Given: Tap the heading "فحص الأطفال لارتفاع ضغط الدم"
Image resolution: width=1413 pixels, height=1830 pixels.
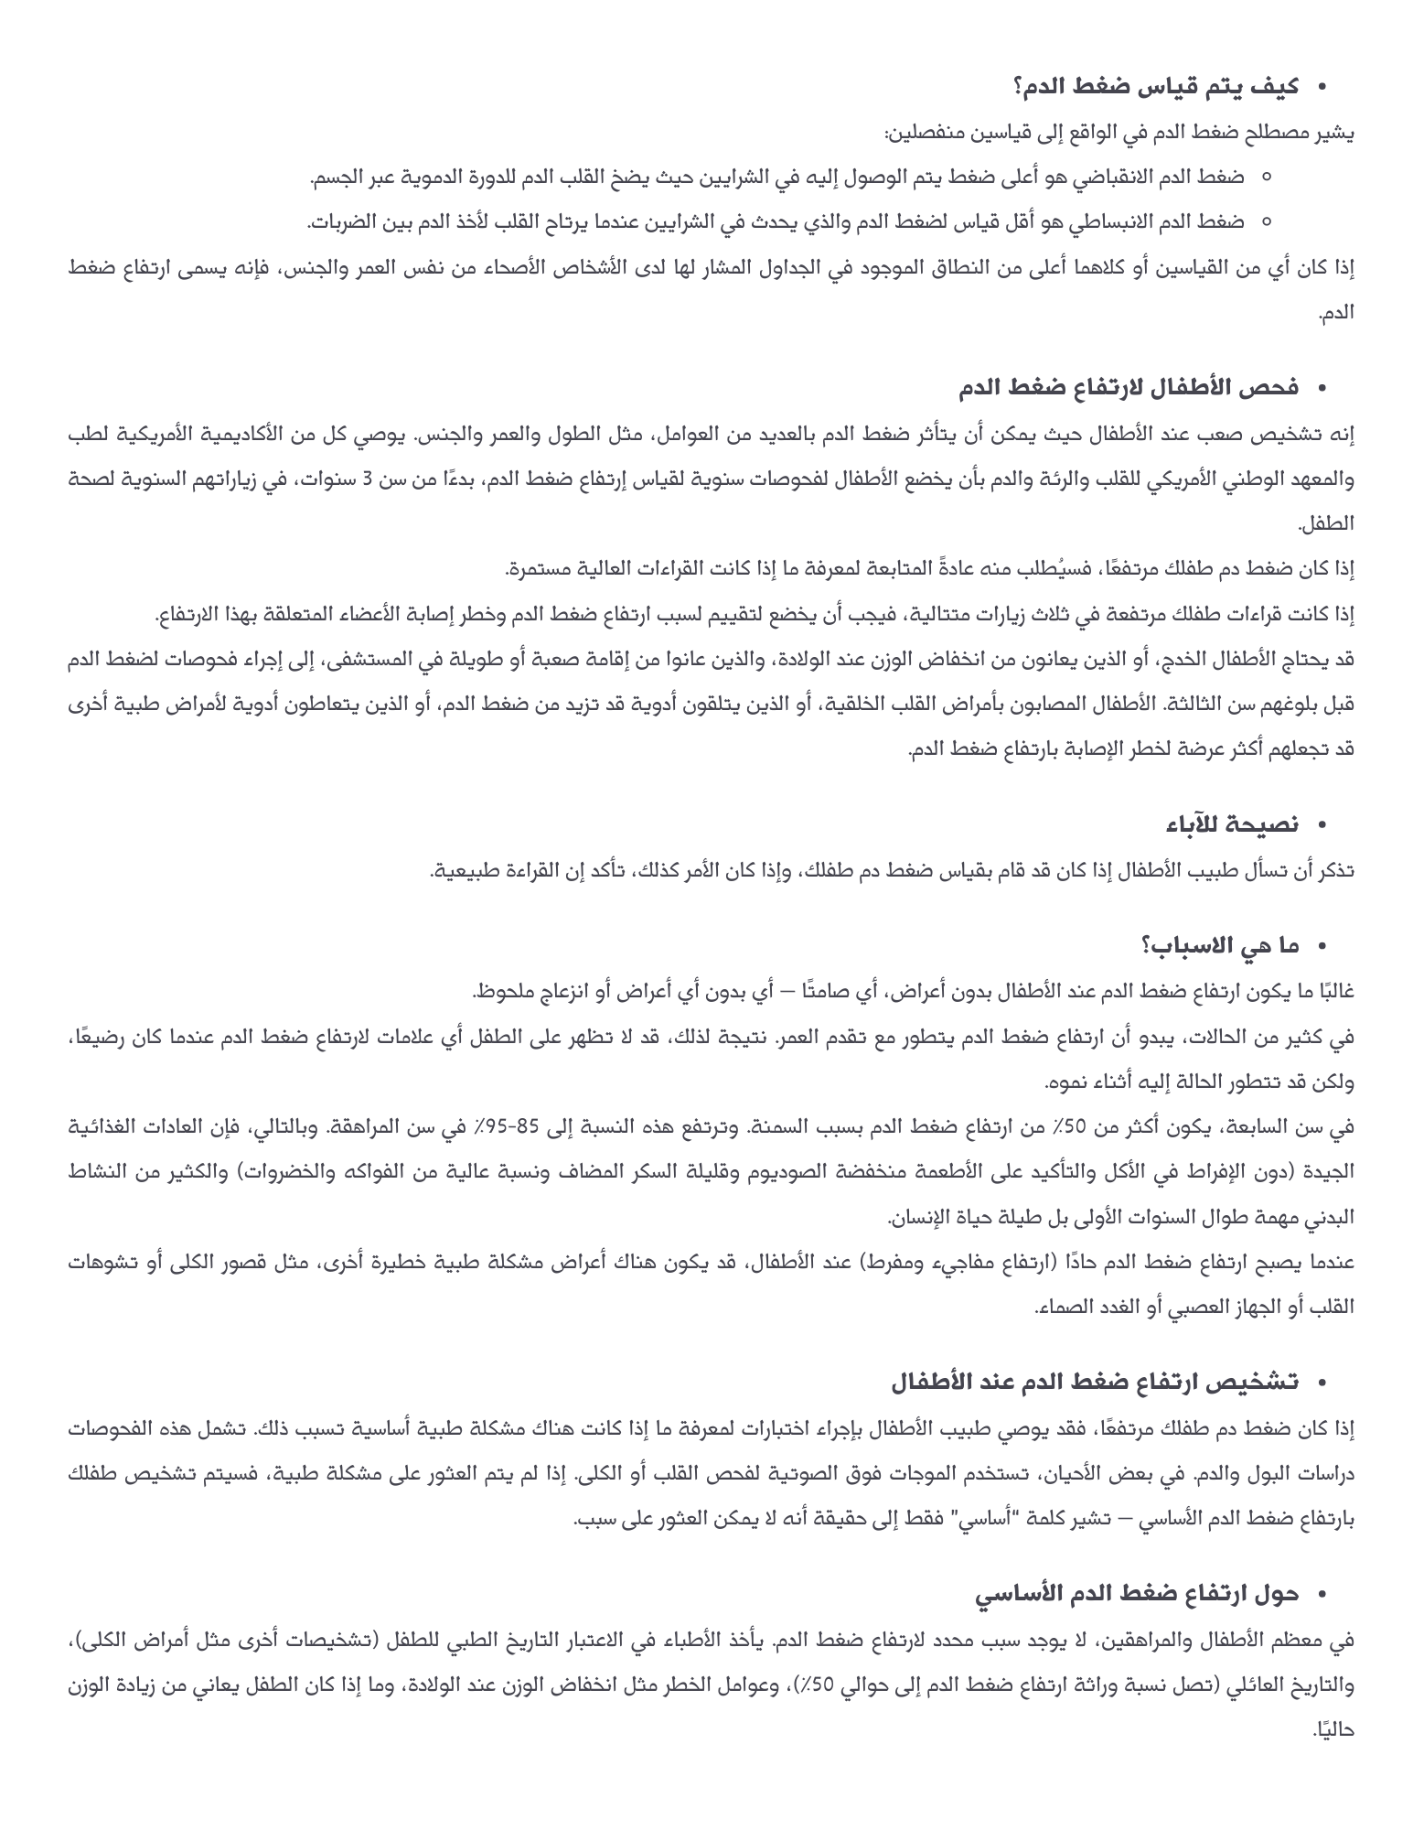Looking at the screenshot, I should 1129,388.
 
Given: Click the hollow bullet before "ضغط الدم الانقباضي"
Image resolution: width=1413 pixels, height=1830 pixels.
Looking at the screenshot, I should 1266,177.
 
